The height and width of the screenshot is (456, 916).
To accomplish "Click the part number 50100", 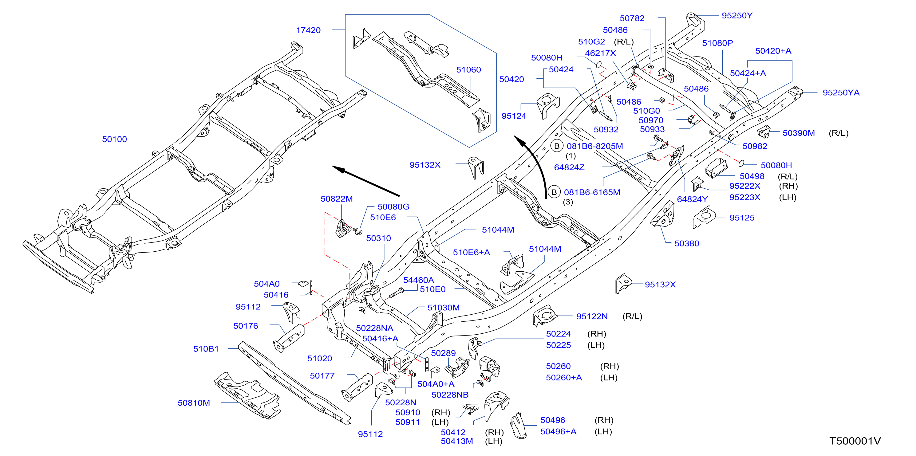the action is (114, 139).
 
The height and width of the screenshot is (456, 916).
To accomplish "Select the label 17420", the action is (308, 30).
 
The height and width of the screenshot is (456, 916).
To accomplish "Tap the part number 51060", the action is (468, 70).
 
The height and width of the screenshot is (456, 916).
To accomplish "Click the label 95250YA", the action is (841, 93).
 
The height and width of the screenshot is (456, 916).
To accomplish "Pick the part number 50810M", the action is (194, 403).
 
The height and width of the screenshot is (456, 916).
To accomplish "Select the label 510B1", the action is (206, 349).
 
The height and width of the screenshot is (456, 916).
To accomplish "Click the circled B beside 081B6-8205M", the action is (557, 146).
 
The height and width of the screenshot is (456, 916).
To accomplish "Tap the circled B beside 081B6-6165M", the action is (554, 192).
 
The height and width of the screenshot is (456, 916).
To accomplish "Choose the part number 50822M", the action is (336, 199).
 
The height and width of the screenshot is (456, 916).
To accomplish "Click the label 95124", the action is (514, 116).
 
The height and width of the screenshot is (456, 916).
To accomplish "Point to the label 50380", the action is (687, 244).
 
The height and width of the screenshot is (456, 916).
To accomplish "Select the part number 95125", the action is (742, 218).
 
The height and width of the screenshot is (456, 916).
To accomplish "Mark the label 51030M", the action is (444, 308).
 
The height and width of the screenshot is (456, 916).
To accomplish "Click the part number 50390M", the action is (799, 133).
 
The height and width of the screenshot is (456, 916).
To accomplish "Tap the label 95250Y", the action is (737, 16).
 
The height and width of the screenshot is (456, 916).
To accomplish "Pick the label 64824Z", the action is (569, 167).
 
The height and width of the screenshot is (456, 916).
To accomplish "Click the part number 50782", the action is (632, 18).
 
